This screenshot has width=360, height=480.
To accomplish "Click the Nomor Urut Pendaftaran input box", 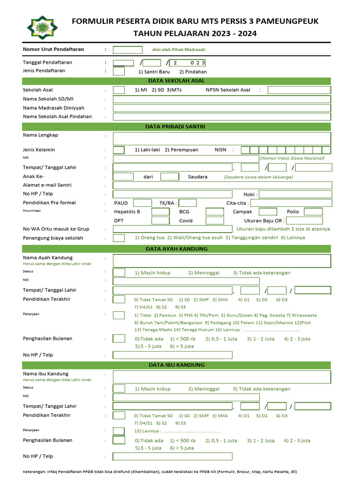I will tap(127, 50).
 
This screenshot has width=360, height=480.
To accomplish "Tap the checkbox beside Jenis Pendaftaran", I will tap(119, 71).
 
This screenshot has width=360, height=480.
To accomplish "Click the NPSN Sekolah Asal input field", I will tap(299, 90).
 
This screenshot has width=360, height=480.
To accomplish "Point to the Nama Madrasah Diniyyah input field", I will tap(222, 108).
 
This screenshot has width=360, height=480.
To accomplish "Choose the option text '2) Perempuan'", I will tap(181, 150).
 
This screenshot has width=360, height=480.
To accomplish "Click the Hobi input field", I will tap(295, 194).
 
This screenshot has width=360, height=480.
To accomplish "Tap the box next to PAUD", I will tap(142, 203).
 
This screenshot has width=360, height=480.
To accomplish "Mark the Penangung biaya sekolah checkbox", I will tap(119, 238).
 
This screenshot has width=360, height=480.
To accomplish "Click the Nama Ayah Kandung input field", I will tap(222, 261).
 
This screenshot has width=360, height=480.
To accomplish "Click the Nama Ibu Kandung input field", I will tap(222, 377).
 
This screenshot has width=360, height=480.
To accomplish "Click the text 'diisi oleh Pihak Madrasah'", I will tap(179, 50).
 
